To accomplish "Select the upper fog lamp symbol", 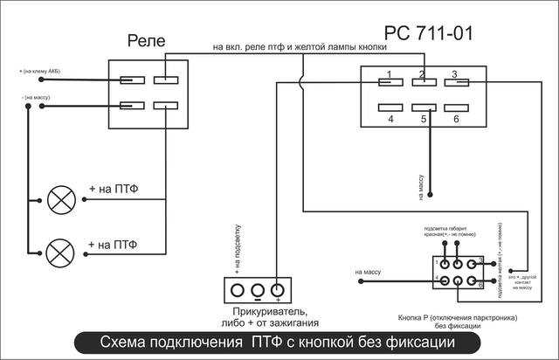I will click(60, 199).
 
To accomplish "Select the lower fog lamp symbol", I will click(60, 253).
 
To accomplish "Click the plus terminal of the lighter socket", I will click(278, 290).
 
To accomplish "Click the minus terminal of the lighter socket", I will click(257, 290).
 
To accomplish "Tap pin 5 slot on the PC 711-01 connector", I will click(423, 108).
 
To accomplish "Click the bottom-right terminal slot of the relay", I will click(165, 107).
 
